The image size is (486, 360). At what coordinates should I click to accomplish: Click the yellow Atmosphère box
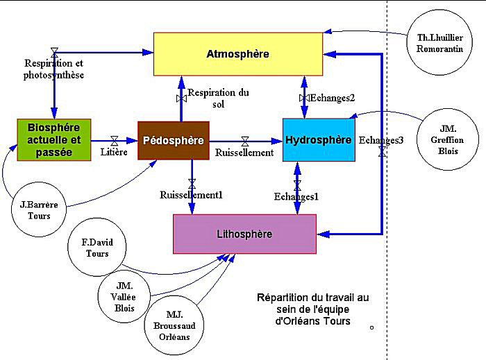pos(237,53)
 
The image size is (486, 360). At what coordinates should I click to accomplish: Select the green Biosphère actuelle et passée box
pos(54,139)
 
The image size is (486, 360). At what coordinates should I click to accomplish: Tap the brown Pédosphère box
pos(173,140)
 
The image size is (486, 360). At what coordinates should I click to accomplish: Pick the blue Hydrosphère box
pos(319,139)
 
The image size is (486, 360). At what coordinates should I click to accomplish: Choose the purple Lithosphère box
pos(244,234)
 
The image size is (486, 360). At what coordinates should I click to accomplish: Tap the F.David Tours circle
pos(97,248)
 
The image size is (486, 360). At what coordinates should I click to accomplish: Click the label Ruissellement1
pos(192,195)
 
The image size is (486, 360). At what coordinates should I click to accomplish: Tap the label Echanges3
pos(381,140)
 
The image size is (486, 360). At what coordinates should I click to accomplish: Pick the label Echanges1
pos(296,196)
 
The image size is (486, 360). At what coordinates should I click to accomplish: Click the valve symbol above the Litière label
pos(115,141)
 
